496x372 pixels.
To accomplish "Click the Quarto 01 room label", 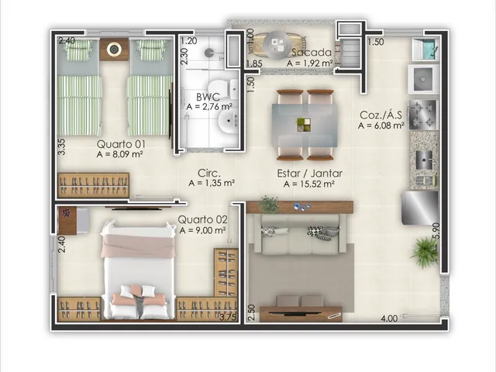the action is click(121, 144).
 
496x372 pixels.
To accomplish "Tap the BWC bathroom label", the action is click(208, 96).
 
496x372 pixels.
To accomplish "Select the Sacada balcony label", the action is click(312, 52).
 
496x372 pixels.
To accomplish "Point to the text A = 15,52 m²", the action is click(309, 184).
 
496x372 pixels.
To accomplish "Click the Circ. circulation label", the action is click(208, 173).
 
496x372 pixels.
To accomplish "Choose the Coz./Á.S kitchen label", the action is click(381, 115).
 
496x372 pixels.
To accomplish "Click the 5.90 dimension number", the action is click(436, 231).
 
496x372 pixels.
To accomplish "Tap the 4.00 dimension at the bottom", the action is click(389, 318).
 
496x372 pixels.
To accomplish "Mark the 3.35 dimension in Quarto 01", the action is click(61, 146).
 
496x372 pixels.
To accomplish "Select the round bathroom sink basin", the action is click(228, 121).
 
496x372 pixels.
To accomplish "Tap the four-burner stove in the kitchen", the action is click(424, 115).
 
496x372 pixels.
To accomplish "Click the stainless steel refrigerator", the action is click(420, 208).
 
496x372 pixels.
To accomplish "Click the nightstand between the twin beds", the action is click(114, 50).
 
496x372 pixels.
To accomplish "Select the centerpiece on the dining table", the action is click(304, 125).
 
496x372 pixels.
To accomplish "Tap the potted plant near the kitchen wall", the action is click(425, 252).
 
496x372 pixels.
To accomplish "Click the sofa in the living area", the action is click(300, 235).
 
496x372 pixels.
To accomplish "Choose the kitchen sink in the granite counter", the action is click(424, 160).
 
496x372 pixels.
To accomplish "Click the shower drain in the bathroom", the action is click(209, 52).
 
